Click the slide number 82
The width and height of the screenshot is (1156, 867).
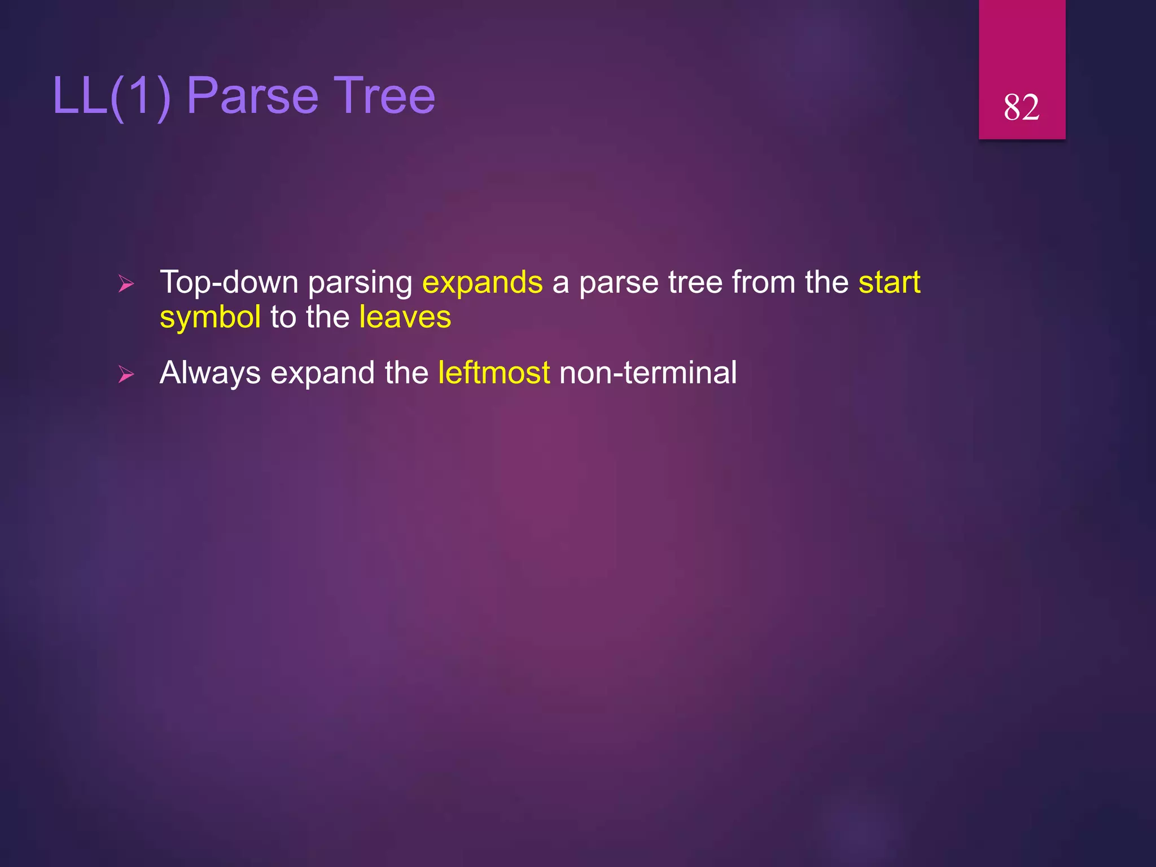(1021, 107)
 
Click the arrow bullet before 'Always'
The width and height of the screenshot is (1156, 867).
(126, 374)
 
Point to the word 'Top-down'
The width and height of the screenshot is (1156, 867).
(229, 282)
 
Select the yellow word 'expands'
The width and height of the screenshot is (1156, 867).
(482, 282)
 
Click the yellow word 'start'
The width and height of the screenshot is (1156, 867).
(889, 282)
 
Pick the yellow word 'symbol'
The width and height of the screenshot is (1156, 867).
(210, 317)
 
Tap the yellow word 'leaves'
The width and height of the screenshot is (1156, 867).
(405, 317)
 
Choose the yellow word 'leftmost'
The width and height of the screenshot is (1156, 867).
(494, 373)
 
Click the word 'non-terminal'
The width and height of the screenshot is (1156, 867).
(647, 373)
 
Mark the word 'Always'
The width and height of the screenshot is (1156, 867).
(210, 373)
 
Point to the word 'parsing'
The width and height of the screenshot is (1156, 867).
(360, 283)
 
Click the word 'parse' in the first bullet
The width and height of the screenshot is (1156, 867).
(619, 283)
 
